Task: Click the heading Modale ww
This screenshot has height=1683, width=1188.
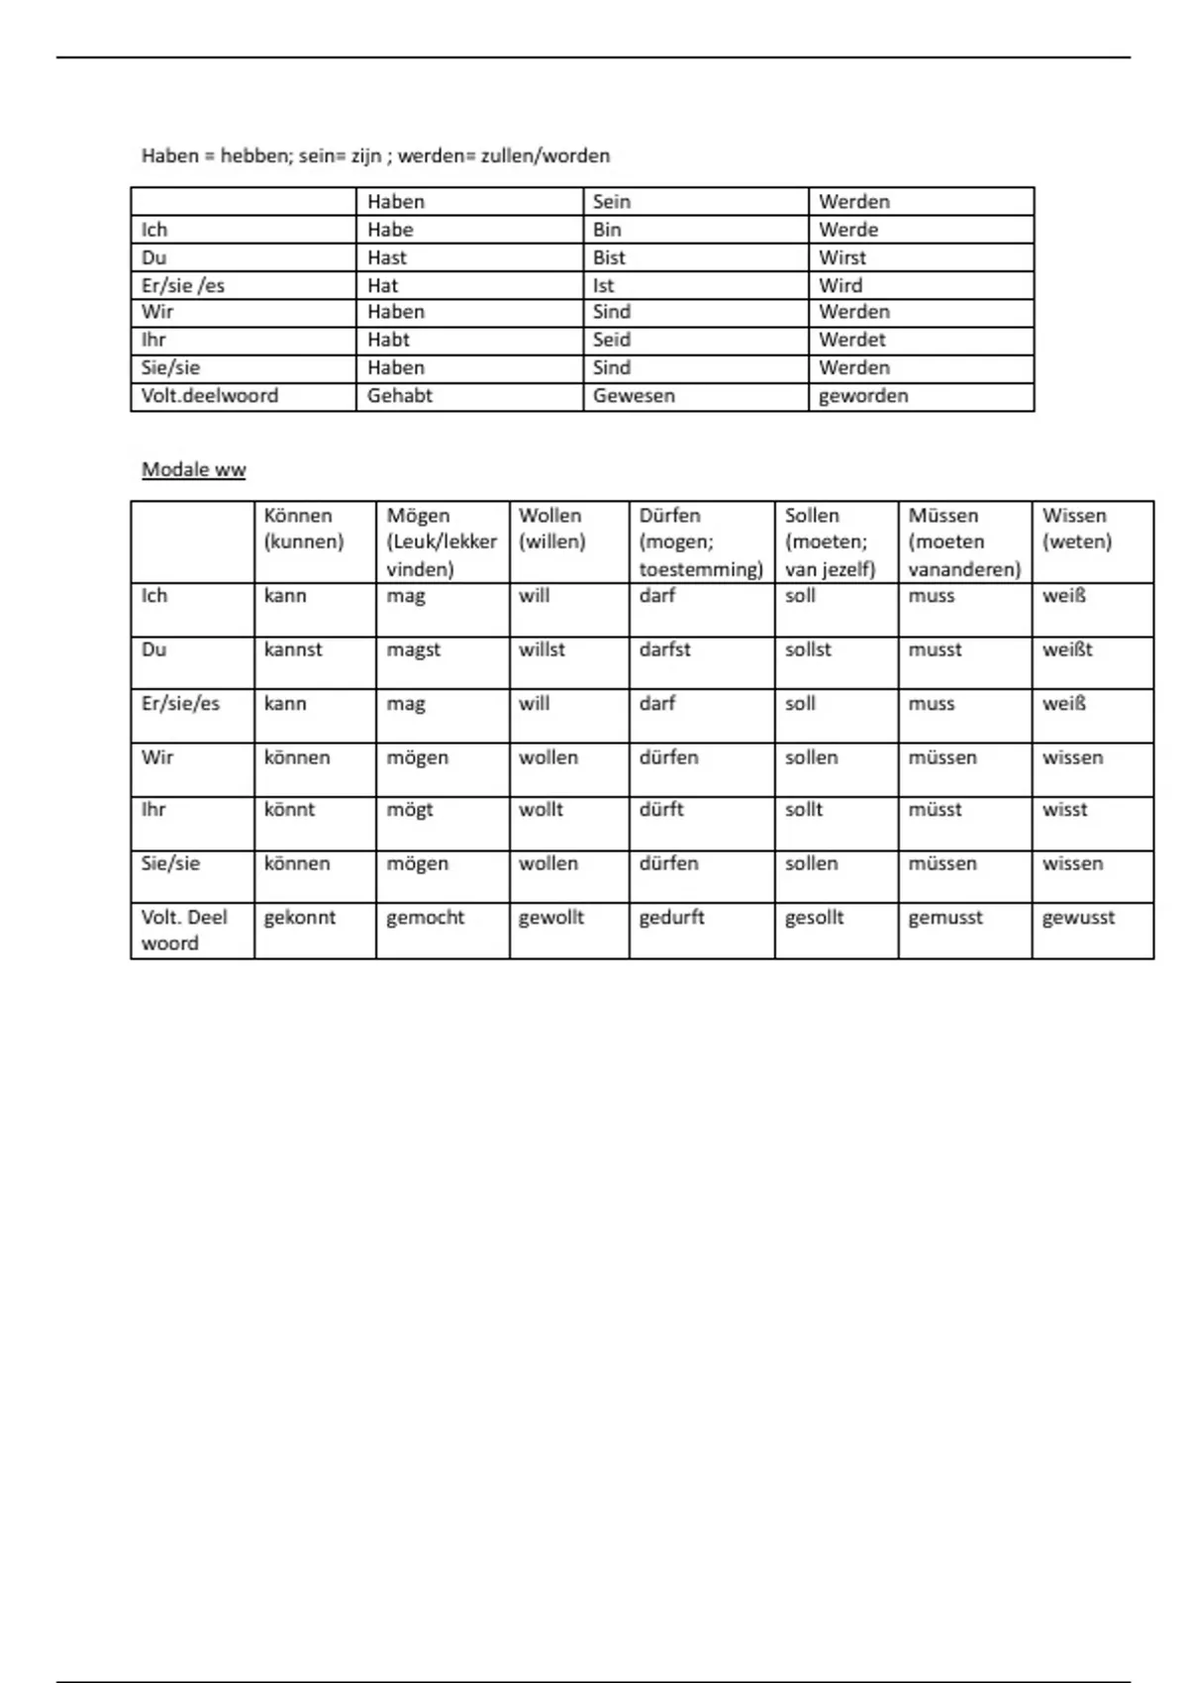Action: (x=193, y=470)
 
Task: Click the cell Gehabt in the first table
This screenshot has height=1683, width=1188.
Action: (x=400, y=396)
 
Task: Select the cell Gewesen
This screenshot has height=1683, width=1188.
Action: (x=634, y=396)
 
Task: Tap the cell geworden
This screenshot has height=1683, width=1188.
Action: (x=863, y=396)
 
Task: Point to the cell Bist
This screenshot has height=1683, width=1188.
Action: (x=609, y=257)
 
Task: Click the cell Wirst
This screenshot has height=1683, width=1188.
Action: (x=841, y=257)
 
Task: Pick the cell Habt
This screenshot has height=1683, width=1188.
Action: (x=388, y=340)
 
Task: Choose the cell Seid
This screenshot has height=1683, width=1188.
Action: (x=611, y=340)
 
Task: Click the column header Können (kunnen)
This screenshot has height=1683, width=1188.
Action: (x=303, y=529)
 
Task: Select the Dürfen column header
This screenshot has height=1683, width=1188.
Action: (x=700, y=542)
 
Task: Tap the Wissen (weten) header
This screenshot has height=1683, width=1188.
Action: (x=1076, y=529)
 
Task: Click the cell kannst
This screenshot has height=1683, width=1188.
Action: (x=293, y=650)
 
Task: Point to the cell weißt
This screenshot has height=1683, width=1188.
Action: (x=1067, y=650)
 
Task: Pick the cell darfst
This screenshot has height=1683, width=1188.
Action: (x=664, y=650)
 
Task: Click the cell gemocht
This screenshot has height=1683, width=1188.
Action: (x=425, y=918)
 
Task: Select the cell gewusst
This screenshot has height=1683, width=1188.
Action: (x=1078, y=918)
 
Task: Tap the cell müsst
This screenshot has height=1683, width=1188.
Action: (x=935, y=810)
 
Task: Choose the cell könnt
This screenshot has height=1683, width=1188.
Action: (x=289, y=810)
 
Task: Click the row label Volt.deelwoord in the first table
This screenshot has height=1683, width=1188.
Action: (x=210, y=396)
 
